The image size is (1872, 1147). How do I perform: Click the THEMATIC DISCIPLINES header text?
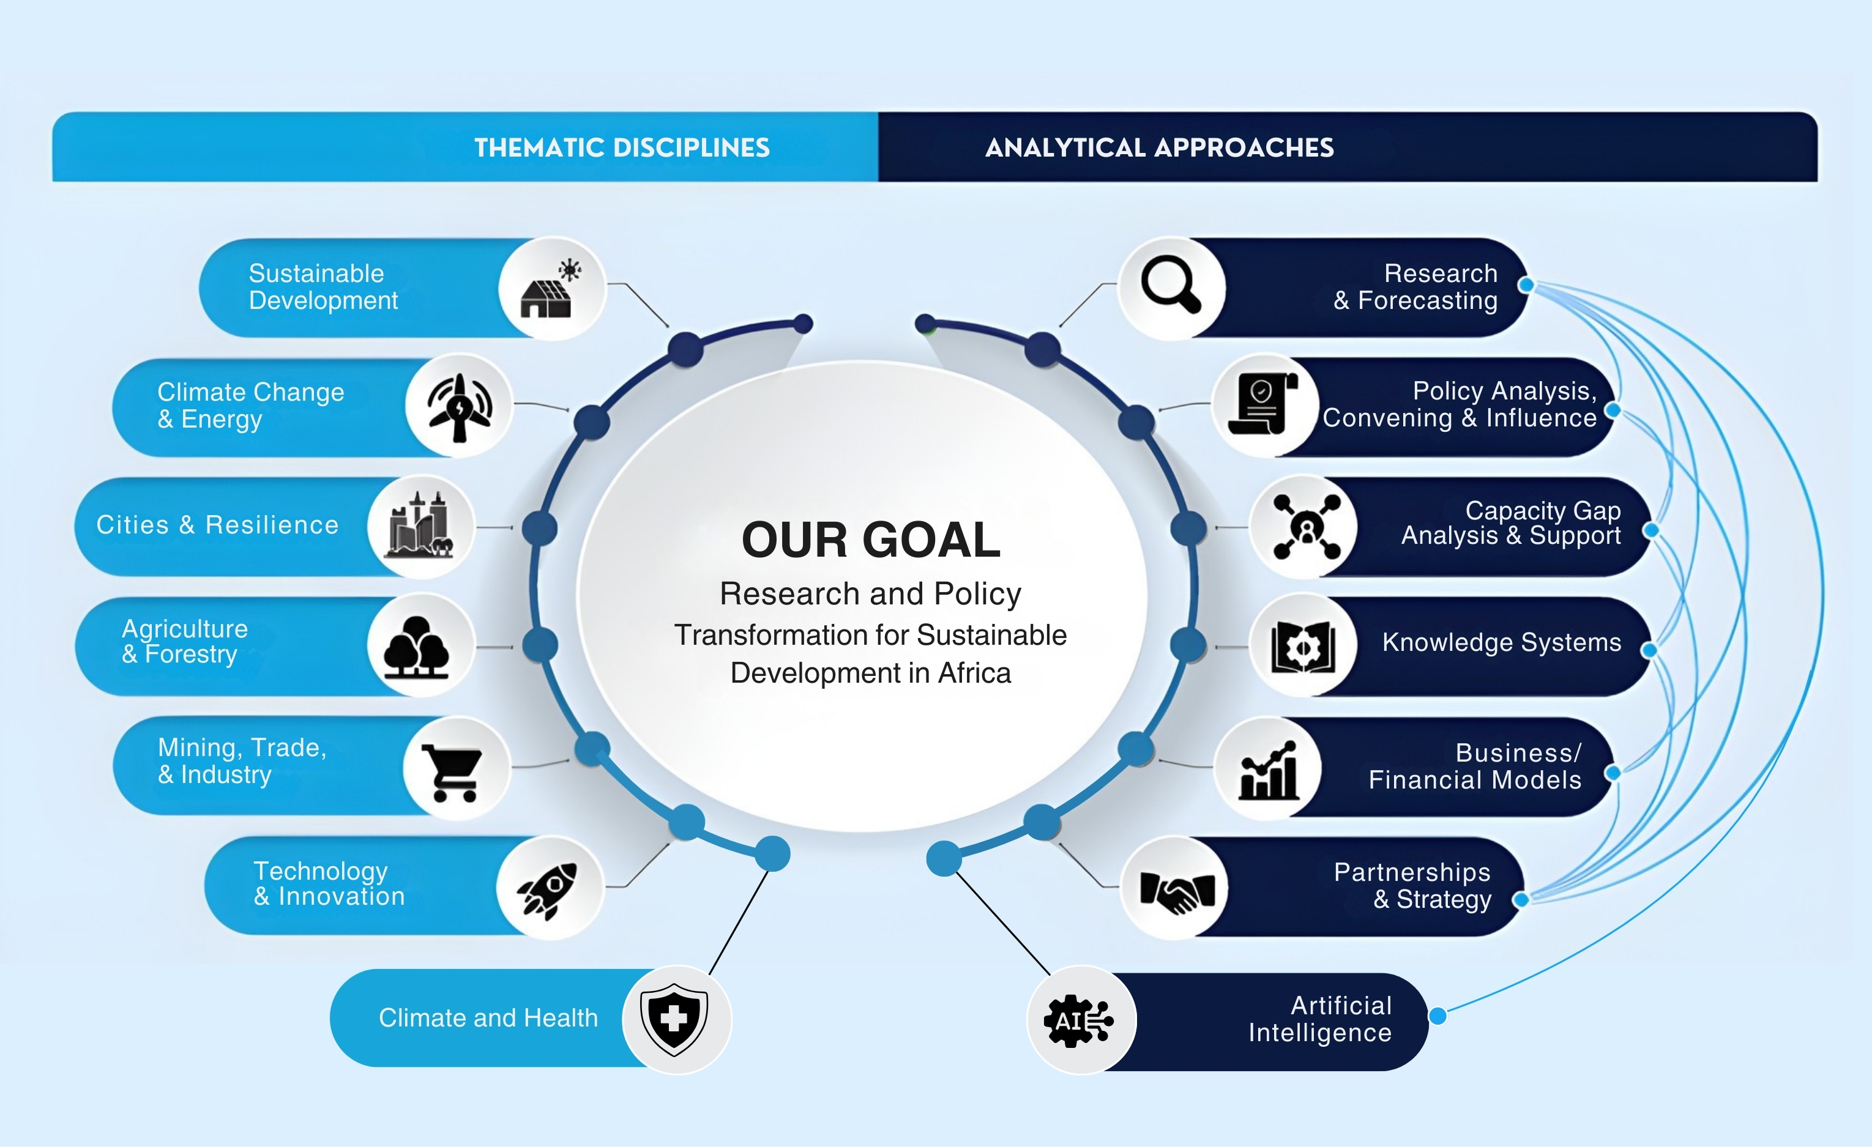622,147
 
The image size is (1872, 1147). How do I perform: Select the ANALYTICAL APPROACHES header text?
1158,147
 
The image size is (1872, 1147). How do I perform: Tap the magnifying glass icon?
1171,286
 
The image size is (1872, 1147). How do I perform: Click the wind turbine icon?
459,406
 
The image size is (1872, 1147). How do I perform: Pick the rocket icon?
548,889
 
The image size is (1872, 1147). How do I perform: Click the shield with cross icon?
674,1019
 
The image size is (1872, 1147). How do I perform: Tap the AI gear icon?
1079,1020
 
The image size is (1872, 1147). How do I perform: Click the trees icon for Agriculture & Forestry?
416,647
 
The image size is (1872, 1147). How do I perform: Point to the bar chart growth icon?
1267,770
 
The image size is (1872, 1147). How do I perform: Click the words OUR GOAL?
871,540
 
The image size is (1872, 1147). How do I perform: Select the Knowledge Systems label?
1501,642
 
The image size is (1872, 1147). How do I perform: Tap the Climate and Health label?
488,1018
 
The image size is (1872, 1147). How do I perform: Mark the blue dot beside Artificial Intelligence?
1438,1016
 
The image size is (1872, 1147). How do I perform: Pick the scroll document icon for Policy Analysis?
1262,404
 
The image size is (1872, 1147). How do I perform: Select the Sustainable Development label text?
323,287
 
